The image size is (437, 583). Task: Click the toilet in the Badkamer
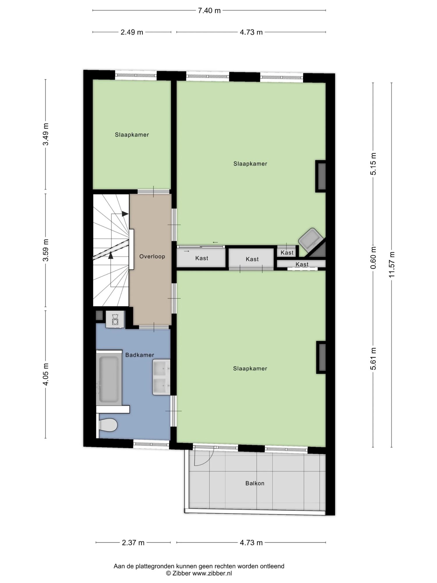click(x=108, y=425)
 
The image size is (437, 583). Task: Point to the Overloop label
click(x=152, y=257)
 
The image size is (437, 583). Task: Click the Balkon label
click(x=255, y=483)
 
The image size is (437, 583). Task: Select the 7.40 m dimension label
click(x=209, y=11)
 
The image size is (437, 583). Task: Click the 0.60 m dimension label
click(x=373, y=258)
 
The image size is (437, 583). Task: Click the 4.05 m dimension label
click(x=46, y=374)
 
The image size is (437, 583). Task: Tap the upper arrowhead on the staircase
click(x=125, y=214)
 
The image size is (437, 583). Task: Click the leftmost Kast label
click(x=202, y=258)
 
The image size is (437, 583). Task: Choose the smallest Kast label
click(x=287, y=253)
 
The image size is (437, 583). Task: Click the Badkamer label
click(x=140, y=355)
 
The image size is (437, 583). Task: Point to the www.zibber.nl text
click(x=212, y=573)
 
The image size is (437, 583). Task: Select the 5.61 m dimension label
click(x=373, y=359)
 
